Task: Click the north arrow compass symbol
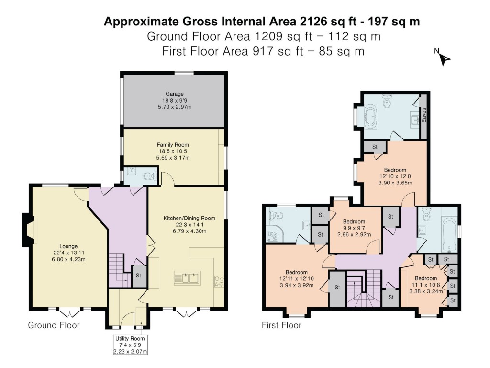coord(444,58)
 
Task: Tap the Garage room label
coord(175,101)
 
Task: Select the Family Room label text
coord(173,151)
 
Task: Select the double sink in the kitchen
coord(188,277)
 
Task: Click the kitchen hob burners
coord(219,281)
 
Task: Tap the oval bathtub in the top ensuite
coord(371,116)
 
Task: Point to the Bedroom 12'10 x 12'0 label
coord(395,177)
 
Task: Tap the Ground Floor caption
coord(54,325)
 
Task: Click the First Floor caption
coord(281,325)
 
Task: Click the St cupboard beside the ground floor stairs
coord(139,276)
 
